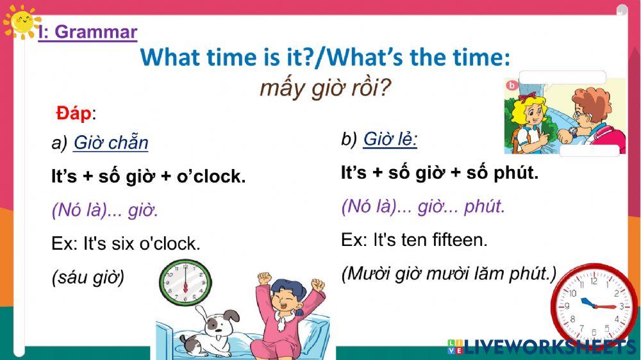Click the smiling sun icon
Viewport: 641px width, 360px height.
coord(21,22)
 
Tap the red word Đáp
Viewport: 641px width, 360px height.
coord(73,113)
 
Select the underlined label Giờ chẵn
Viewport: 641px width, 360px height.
coord(110,143)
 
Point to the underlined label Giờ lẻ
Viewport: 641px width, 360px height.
coord(390,139)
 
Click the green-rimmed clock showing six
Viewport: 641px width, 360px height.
coord(185,282)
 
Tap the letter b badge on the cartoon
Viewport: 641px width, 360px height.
coord(512,85)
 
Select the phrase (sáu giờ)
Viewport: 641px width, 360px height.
coord(88,278)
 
